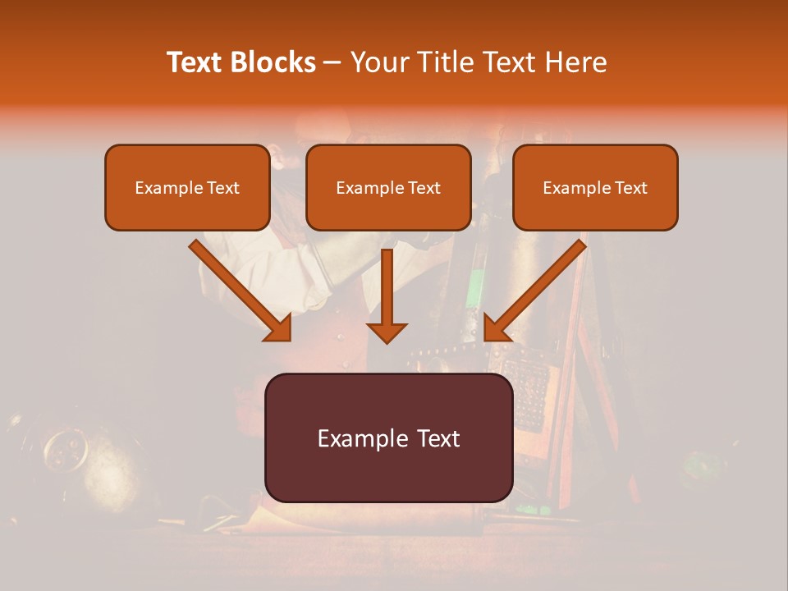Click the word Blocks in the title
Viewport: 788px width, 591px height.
coord(272,62)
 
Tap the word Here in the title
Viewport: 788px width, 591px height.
coord(575,62)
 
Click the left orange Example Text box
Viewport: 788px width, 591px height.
coord(187,188)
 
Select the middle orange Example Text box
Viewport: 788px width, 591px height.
coord(388,188)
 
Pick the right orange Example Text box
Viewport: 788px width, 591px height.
coord(595,188)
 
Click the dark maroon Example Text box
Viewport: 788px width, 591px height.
coord(388,438)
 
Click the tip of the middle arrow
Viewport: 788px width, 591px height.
coord(387,341)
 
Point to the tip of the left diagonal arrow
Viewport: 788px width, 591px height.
coord(289,339)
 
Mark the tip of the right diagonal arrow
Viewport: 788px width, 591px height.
coord(486,339)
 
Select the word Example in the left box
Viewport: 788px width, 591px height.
coord(160,188)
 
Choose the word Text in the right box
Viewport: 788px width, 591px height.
coord(630,188)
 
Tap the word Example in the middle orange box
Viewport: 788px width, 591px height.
coord(361,188)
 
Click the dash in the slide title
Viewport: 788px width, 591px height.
coord(332,63)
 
